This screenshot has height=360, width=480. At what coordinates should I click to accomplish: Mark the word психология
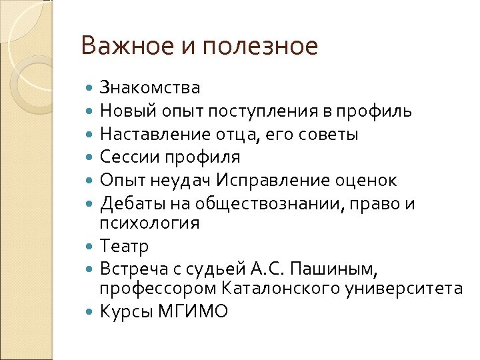click(149, 223)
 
